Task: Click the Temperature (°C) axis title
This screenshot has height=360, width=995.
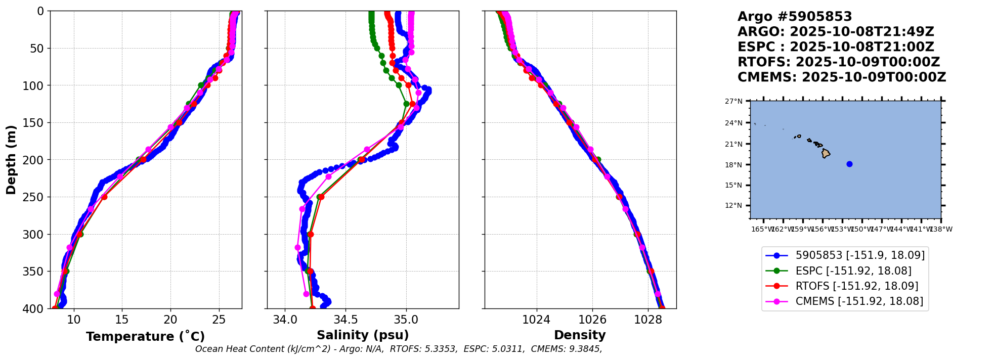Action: [145, 337]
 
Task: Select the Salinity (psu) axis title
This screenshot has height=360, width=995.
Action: [363, 335]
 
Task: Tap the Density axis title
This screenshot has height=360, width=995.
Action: [580, 335]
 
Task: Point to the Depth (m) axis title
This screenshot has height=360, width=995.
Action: [11, 159]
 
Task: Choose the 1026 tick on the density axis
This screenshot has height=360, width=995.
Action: [592, 320]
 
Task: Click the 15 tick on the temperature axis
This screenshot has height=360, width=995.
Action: [122, 320]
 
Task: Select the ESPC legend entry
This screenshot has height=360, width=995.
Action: [853, 271]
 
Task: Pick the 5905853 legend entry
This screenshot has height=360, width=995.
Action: [859, 255]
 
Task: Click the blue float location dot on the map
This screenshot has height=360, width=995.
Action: [849, 164]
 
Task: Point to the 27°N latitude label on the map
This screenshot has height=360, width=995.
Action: [733, 102]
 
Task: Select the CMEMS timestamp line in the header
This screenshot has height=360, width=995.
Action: [841, 77]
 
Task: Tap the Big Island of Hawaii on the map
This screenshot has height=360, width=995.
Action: [826, 153]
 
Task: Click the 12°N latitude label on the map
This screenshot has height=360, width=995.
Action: [733, 206]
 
